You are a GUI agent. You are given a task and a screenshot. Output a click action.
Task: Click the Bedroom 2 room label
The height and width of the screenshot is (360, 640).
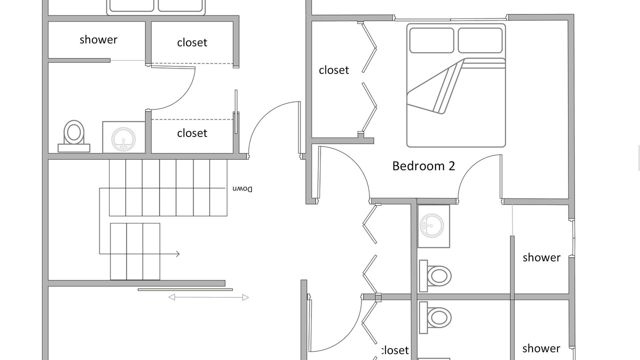[423, 166]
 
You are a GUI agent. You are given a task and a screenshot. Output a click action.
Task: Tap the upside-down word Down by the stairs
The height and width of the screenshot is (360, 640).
[242, 189]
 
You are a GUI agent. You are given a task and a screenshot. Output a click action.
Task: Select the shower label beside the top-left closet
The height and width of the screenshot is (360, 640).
[98, 39]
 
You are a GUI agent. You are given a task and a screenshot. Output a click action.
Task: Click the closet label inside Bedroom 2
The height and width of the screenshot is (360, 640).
[333, 70]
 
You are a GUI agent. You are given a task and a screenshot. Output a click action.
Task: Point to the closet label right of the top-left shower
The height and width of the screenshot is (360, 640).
[192, 42]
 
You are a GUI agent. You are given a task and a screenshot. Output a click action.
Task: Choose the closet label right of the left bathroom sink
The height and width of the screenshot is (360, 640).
[192, 133]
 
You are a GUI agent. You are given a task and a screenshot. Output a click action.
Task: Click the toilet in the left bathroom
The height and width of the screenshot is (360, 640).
[74, 136]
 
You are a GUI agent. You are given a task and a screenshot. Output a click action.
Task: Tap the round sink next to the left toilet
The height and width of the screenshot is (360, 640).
[123, 139]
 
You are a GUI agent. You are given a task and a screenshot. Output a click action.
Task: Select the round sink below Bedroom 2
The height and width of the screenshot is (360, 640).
[431, 225]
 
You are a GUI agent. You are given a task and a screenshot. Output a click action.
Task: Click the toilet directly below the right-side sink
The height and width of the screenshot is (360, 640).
[435, 276]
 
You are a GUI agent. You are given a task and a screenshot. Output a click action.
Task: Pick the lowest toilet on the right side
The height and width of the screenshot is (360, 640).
[435, 317]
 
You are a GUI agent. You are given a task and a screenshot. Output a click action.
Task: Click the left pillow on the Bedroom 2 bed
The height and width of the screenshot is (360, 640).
[431, 40]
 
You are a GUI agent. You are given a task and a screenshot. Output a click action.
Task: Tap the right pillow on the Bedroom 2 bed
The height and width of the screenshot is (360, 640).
[480, 40]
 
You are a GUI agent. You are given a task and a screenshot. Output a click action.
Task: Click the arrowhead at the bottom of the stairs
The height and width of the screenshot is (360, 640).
[177, 253]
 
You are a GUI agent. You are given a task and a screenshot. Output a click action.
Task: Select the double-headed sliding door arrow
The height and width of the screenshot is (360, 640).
[208, 297]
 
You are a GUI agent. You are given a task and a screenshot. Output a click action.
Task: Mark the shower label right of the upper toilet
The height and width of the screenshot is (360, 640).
[541, 257]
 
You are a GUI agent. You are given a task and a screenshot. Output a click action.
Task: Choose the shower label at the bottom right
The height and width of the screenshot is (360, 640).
[541, 348]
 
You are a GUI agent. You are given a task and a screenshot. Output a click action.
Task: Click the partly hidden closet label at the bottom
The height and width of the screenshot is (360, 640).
[395, 350]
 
